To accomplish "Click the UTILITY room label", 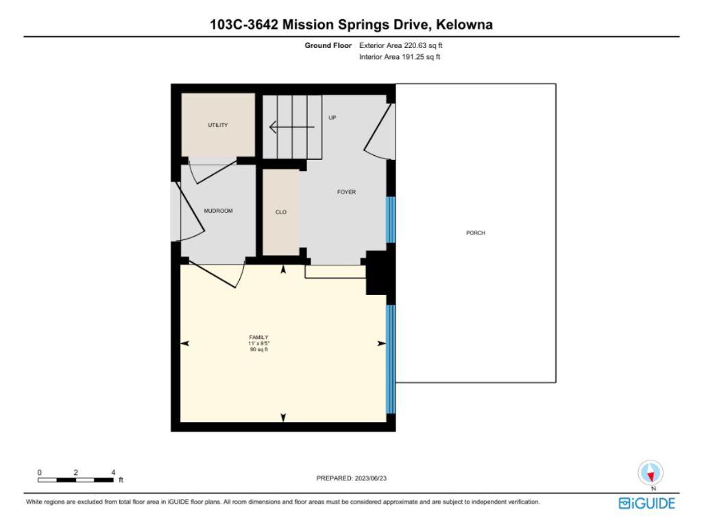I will [218, 125].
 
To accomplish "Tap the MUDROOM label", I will [218, 211].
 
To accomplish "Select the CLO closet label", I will [281, 213].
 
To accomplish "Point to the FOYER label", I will [346, 192].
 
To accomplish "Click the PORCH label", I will [475, 233].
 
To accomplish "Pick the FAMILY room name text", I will [258, 337].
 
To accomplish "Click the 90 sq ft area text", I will [258, 349].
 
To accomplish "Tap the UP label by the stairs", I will [332, 117].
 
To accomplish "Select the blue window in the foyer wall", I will [391, 220].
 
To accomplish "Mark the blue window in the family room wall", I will [391, 359].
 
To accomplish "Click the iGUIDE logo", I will [646, 504].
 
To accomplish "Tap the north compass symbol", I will [650, 473].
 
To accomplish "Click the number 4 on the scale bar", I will [112, 472].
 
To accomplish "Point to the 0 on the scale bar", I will [39, 472].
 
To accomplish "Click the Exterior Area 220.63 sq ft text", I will [406, 45].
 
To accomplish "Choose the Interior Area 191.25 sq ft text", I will [400, 57].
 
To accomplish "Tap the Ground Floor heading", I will [328, 45].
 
